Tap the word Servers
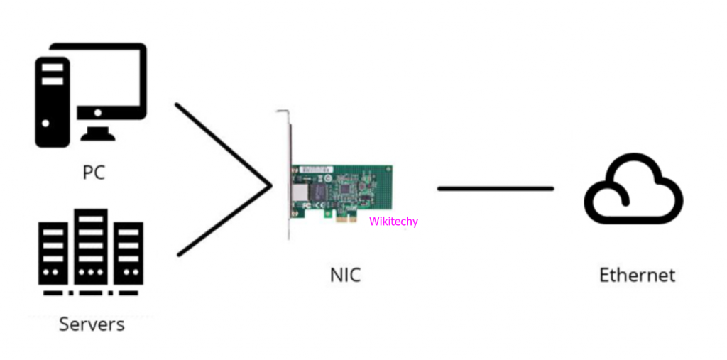(92, 324)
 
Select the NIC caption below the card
(345, 275)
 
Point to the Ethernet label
(637, 275)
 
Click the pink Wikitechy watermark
(393, 222)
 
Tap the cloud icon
(633, 189)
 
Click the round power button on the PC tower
(46, 123)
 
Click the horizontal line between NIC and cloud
(495, 188)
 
